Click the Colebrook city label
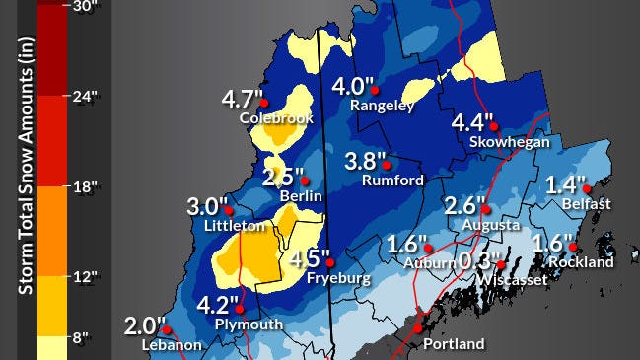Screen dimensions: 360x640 pos(276,118)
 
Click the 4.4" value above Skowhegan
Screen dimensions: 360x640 pos(472,123)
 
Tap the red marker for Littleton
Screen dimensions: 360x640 pos(230,210)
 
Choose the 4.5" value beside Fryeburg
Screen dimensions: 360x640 pos(312,260)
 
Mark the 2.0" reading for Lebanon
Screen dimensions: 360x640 pos(145,326)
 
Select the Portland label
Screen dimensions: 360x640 pos(453,344)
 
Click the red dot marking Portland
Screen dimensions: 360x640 pos(418,326)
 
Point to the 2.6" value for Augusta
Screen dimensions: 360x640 pos(465,206)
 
